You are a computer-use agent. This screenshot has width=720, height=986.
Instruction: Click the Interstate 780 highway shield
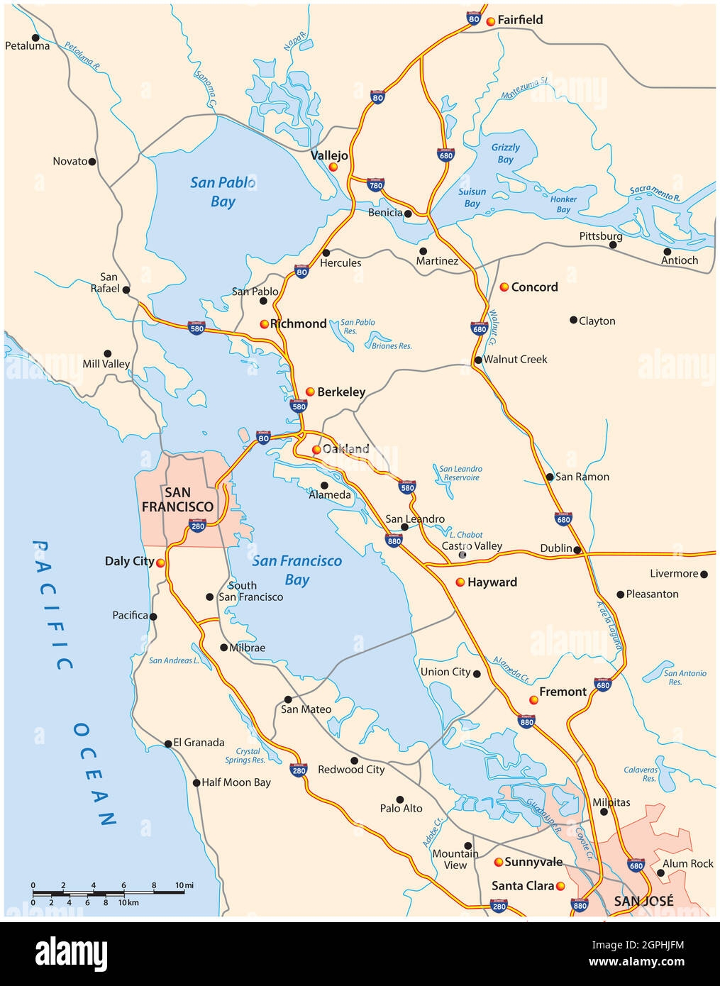pos(376,185)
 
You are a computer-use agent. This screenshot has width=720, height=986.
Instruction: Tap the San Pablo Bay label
pos(223,192)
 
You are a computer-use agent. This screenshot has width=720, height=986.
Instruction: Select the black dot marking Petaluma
pos(35,38)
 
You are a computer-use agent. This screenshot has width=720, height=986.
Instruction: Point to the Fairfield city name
pos(520,20)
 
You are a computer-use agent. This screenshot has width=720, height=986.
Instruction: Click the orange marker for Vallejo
pos(333,167)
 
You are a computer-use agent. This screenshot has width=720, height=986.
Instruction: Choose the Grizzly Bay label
pos(506,153)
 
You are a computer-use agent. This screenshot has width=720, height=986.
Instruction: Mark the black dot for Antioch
pos(667,251)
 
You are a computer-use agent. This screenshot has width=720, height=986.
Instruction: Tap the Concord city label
pos(534,287)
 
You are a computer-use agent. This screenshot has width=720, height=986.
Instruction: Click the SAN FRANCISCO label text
pos(177,499)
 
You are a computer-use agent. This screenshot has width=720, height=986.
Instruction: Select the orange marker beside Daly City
pos(161,563)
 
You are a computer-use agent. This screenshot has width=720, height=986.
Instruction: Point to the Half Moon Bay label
pos(236,782)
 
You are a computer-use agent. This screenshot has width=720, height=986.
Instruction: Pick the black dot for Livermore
pos(704,574)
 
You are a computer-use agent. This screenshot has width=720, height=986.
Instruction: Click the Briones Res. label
pos(392,346)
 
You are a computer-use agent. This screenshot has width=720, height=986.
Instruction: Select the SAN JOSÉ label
pos(643,901)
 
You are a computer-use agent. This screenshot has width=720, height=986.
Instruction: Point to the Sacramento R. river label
pos(655,194)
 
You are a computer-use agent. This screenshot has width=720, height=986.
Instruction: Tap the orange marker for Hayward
pos(460,582)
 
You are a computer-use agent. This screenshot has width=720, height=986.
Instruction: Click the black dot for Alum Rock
pos(660,873)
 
